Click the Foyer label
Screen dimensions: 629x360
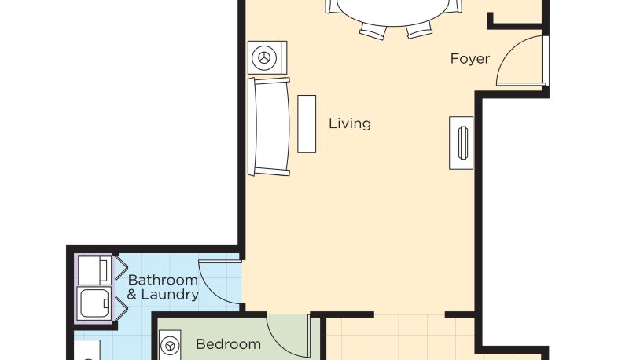[469, 58]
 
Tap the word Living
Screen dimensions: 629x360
[350, 123]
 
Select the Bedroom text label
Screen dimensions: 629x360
[228, 344]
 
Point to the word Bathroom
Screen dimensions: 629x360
[163, 280]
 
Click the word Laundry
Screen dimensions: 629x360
[170, 294]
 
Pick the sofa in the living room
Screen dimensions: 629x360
[268, 127]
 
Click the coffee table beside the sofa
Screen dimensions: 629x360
[307, 124]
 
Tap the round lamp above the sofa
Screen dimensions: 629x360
[267, 57]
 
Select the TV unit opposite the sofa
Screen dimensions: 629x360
[461, 143]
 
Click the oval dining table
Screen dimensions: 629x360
[392, 11]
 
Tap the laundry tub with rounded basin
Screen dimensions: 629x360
[94, 303]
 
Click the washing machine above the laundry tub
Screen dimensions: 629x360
[94, 270]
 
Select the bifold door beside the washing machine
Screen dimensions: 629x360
[120, 267]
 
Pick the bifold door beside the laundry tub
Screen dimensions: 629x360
[120, 309]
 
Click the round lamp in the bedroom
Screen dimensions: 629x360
[170, 345]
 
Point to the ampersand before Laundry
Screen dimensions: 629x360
[131, 295]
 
